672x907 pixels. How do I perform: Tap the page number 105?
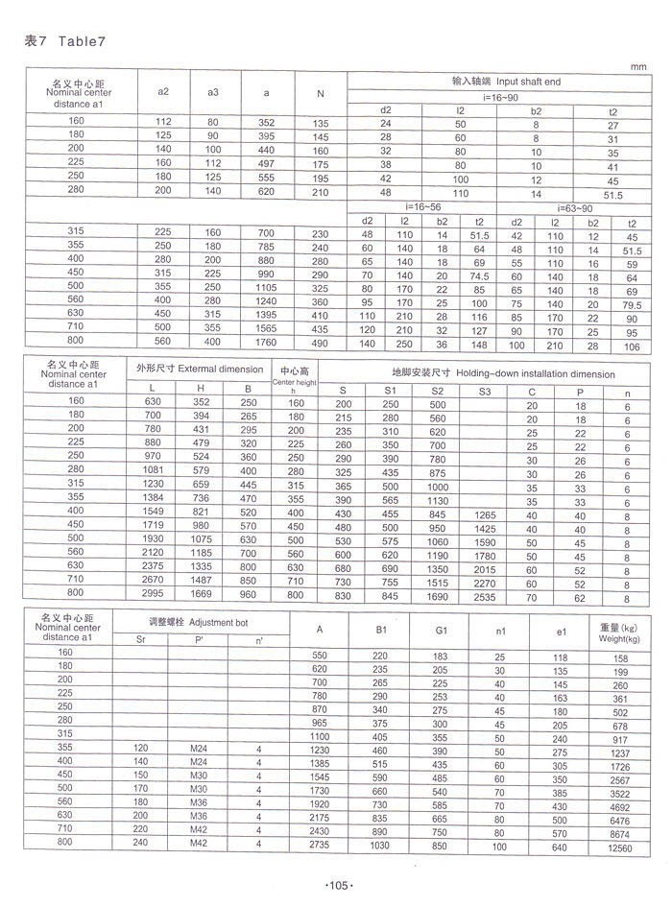pyautogui.click(x=336, y=884)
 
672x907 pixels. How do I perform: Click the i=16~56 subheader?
pyautogui.click(x=422, y=207)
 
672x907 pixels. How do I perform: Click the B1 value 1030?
pyautogui.click(x=380, y=847)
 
